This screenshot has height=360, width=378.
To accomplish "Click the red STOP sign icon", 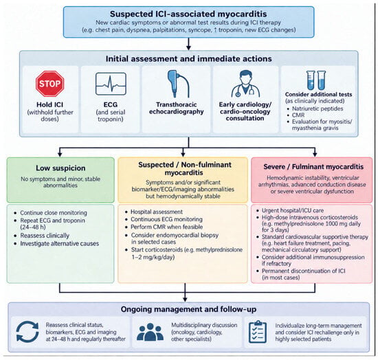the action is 50,84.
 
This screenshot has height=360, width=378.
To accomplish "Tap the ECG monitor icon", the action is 111,84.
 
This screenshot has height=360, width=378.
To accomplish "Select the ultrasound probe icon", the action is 178,83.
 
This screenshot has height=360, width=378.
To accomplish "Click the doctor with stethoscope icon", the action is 245,84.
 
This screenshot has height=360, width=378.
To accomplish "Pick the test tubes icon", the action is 316,80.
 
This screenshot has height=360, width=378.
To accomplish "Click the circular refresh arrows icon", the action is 27,332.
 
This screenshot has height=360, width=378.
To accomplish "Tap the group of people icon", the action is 150,332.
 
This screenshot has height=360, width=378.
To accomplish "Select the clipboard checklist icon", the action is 258,332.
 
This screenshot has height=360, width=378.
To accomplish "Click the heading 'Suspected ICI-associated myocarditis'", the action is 188,14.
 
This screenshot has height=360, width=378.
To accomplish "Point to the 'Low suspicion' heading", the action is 60,168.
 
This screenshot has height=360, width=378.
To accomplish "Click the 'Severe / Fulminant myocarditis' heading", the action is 313,166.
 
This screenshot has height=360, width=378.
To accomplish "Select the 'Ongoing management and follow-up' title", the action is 188,309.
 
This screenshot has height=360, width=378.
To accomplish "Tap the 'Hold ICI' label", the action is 50,104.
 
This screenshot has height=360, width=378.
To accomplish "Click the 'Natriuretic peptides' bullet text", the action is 318,109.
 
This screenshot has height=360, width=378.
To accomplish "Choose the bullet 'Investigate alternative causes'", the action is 60,243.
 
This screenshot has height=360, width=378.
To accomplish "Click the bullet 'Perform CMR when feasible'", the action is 166,227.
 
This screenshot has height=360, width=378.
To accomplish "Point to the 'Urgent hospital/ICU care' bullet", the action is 293,210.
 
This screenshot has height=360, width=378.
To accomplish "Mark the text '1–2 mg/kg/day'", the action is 153,257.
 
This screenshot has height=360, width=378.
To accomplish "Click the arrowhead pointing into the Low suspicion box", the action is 60,155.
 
